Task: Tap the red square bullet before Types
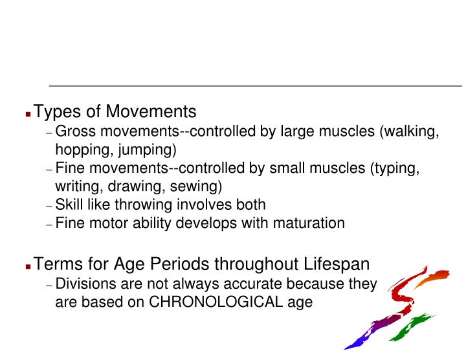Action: click(28, 113)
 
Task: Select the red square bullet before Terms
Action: click(28, 265)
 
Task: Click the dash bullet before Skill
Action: click(50, 206)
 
